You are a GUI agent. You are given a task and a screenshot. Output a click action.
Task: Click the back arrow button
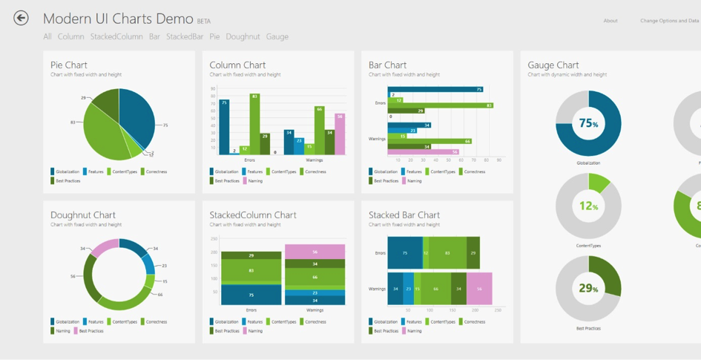click(x=21, y=18)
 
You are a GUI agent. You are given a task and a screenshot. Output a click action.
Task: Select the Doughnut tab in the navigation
click(x=243, y=36)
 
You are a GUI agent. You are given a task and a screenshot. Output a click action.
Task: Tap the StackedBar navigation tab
click(x=185, y=36)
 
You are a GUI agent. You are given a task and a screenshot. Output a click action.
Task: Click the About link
click(x=610, y=21)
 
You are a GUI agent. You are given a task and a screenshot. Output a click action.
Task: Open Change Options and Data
click(x=669, y=21)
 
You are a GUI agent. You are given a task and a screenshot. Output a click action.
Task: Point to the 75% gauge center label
click(x=588, y=124)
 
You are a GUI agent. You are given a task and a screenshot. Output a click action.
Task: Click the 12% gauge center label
click(x=588, y=206)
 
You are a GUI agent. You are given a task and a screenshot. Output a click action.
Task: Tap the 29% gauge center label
click(x=588, y=288)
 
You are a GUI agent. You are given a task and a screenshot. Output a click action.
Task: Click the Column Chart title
click(x=237, y=65)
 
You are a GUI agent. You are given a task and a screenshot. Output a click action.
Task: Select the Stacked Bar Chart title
click(x=404, y=215)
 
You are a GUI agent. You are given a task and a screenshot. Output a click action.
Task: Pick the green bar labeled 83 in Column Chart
click(x=254, y=124)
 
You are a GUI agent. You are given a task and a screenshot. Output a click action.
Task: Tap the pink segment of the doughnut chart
click(x=105, y=248)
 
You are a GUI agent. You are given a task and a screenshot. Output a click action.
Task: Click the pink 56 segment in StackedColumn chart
click(x=315, y=252)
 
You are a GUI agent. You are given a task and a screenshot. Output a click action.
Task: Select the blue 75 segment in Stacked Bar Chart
click(x=404, y=253)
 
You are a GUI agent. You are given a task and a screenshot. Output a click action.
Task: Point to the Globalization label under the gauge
click(x=588, y=163)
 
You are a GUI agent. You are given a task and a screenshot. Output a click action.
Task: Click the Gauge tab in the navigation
click(x=277, y=36)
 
